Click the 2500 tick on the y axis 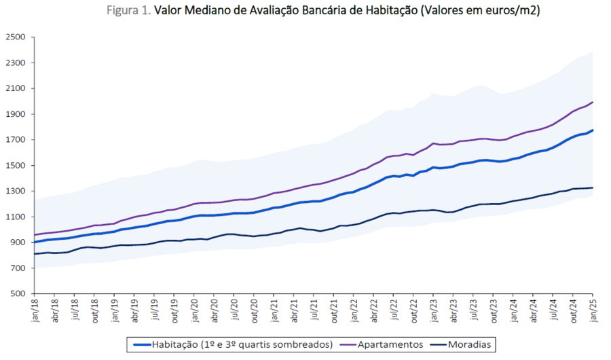[x=14, y=37]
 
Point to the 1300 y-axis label [x=14, y=191]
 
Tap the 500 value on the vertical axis [x=17, y=293]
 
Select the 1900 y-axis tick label [x=14, y=114]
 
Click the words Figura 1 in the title [x=128, y=11]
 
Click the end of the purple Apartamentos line [x=593, y=103]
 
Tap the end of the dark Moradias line [x=593, y=187]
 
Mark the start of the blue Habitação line [x=35, y=242]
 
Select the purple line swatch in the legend [x=350, y=344]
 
